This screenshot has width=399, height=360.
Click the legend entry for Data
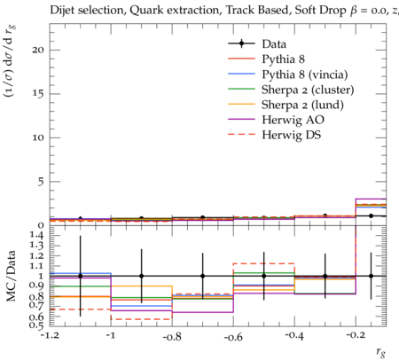point(274,44)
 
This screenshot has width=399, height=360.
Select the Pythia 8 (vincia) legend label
point(305,74)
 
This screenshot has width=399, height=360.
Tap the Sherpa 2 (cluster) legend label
point(308,90)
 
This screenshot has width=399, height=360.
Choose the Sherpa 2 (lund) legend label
point(302,105)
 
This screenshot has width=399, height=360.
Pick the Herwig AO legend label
point(293,120)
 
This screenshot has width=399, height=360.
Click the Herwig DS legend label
point(292,135)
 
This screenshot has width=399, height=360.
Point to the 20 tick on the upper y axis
point(38,50)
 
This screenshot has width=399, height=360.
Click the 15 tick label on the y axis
point(38,94)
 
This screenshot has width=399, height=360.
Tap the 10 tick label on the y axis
point(38,137)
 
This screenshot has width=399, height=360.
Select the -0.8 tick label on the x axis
point(172,337)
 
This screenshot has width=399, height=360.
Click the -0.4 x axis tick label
point(294,336)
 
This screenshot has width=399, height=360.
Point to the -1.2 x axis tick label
point(50,335)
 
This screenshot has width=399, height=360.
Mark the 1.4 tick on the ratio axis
point(37,235)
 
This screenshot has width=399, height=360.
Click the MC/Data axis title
point(12,276)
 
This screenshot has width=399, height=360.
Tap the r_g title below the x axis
point(381,352)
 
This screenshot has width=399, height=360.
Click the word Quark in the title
point(145,11)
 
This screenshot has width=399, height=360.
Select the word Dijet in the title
point(62,11)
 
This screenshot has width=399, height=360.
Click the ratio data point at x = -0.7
point(203,276)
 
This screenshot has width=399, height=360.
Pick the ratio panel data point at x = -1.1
point(80,276)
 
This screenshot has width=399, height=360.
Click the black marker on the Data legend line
point(241,43)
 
